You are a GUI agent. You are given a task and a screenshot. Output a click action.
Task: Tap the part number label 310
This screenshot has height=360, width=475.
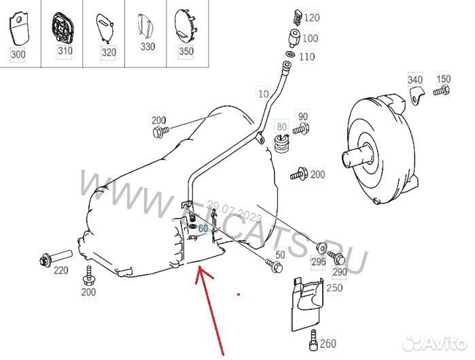[x=65, y=52]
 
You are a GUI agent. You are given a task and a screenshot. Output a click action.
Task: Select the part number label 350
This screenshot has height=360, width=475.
[x=184, y=51]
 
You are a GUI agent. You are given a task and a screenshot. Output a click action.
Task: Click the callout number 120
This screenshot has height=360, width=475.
[x=311, y=17]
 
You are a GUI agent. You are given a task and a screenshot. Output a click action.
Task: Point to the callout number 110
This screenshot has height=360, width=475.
[x=306, y=56]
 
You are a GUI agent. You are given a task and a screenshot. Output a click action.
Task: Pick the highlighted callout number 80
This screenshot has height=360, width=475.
[x=281, y=126]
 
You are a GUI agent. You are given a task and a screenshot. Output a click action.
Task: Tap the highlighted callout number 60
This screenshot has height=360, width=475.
[x=203, y=228]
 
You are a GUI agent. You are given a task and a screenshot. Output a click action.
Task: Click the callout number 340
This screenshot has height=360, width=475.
[x=415, y=80]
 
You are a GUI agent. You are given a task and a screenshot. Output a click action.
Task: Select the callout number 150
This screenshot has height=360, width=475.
[x=443, y=79]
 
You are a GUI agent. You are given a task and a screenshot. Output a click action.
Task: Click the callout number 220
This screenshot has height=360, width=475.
[x=61, y=270]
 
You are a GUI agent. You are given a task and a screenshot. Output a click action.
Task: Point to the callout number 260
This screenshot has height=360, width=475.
[x=328, y=343]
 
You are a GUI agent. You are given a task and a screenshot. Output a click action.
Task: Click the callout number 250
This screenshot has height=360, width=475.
[x=334, y=288]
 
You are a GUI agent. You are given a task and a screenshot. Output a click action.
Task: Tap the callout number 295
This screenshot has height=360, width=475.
[x=318, y=262]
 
